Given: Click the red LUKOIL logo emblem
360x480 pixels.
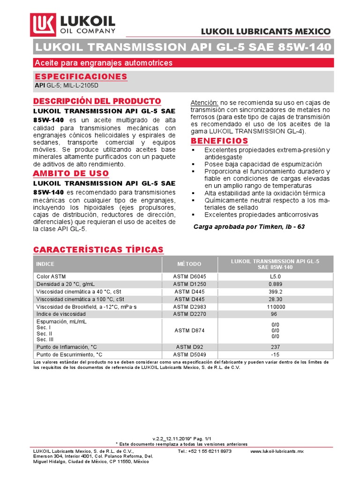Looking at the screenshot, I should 44,25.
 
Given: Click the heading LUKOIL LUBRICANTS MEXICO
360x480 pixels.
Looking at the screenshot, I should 266,31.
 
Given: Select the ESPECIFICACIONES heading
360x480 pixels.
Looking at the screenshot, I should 81,76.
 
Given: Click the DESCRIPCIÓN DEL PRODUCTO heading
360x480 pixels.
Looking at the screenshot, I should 97,101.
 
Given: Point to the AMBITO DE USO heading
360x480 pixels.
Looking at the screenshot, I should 71,173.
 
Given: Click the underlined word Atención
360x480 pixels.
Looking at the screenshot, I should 204,103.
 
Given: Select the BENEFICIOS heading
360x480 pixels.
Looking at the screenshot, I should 219,141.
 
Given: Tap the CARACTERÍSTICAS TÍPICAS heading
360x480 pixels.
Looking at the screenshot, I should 98,249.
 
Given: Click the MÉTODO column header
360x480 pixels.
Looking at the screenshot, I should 189,264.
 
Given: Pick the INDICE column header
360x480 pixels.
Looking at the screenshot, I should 45,264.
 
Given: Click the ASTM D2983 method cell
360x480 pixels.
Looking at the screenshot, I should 189,307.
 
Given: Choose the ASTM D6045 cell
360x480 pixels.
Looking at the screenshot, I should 189,277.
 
